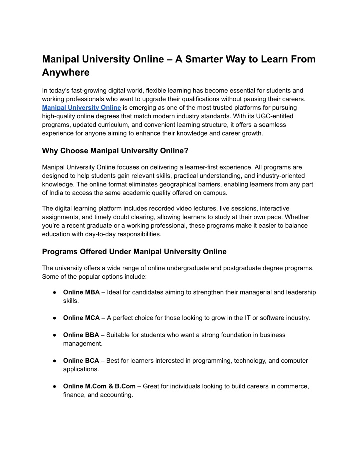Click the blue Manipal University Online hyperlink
[82, 107]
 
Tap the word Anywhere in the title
[66, 73]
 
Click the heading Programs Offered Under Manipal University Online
[134, 251]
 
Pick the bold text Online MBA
[81, 292]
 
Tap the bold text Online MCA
[81, 318]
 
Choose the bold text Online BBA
[81, 335]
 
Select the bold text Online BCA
[81, 360]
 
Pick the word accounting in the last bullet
[117, 394]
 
